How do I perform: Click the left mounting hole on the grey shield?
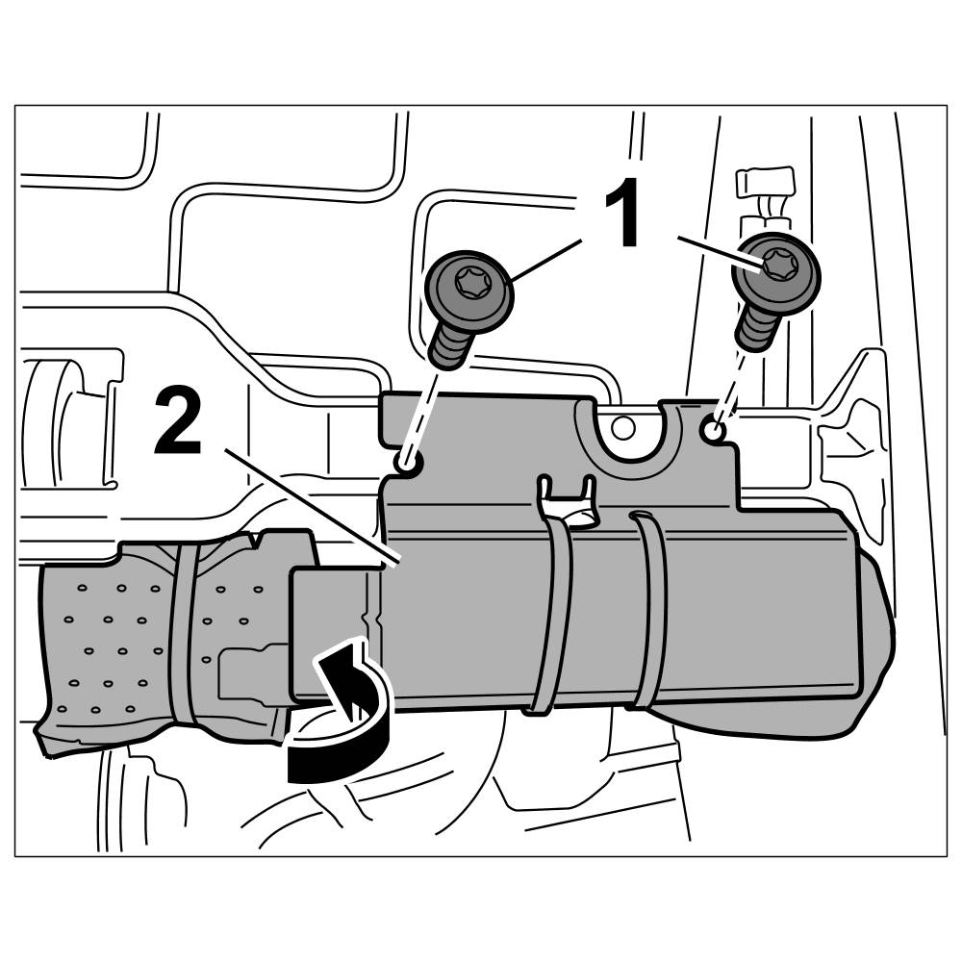coord(407,464)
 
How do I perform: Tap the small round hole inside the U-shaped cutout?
coord(624,425)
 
